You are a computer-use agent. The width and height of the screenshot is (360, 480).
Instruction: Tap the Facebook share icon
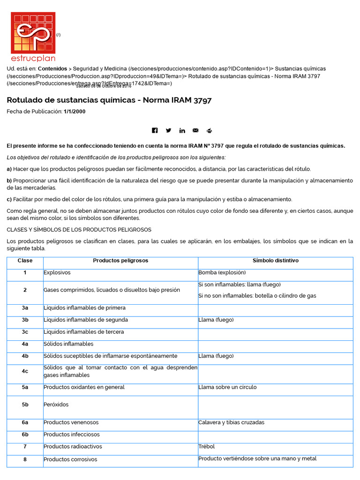[x=155, y=130]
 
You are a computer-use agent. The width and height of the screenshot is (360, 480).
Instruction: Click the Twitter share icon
[x=168, y=130]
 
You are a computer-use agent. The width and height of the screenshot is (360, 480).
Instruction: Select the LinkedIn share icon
[x=182, y=130]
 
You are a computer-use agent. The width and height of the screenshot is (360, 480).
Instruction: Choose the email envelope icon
[x=195, y=130]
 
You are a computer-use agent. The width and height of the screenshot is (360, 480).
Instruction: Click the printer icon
[x=209, y=130]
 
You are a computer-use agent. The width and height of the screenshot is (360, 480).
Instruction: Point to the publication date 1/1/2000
[x=75, y=112]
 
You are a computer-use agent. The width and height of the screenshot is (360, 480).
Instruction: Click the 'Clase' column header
[x=25, y=261]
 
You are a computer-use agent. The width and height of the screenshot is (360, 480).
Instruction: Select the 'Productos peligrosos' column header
[x=120, y=261]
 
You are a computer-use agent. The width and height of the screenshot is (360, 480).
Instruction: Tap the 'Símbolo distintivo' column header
[x=275, y=261]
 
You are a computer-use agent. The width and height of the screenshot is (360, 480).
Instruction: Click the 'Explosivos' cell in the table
[x=57, y=272]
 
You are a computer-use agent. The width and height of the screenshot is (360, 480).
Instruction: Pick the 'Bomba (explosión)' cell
[x=222, y=272]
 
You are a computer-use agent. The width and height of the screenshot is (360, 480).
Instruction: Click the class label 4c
[x=25, y=371]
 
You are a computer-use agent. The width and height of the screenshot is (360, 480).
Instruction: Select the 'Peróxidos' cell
[x=56, y=404]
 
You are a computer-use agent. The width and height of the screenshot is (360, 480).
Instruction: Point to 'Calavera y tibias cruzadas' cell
[x=231, y=422]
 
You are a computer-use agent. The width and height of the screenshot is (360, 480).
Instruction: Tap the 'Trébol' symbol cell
[x=207, y=447]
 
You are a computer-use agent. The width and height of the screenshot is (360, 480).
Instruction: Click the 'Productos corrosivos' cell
[x=70, y=459]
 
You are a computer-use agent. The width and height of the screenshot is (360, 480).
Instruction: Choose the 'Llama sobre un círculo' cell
[x=227, y=387]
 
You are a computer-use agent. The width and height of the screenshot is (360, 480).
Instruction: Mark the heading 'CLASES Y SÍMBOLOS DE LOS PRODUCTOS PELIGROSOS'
[x=79, y=230]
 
